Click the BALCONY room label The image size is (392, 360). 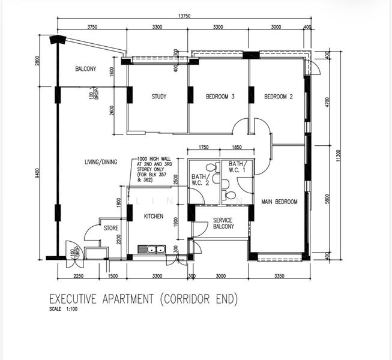click(x=85, y=69)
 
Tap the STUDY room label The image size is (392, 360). click(x=159, y=97)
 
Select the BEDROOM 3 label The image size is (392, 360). click(x=220, y=97)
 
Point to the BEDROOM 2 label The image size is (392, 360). click(x=279, y=97)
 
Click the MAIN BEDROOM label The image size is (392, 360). click(x=279, y=202)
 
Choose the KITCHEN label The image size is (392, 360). click(x=154, y=217)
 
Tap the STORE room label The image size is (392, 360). click(x=111, y=228)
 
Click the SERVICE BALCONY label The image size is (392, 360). click(x=223, y=223)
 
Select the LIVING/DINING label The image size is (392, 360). click(x=101, y=162)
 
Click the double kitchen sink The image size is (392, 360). click(x=151, y=250)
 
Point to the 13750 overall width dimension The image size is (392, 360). click(x=184, y=16)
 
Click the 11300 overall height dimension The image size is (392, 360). click(x=339, y=156)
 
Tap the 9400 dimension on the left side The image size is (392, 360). click(x=37, y=173)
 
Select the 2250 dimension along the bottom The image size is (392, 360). click(x=78, y=276)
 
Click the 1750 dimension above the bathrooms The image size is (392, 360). click(x=204, y=147)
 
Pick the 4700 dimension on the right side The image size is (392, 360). click(x=328, y=102)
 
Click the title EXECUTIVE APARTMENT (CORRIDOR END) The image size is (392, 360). click(x=143, y=299)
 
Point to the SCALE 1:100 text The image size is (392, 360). click(x=63, y=309)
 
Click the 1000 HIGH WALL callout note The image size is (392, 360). click(x=154, y=169)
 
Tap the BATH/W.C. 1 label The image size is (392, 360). click(x=237, y=167)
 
